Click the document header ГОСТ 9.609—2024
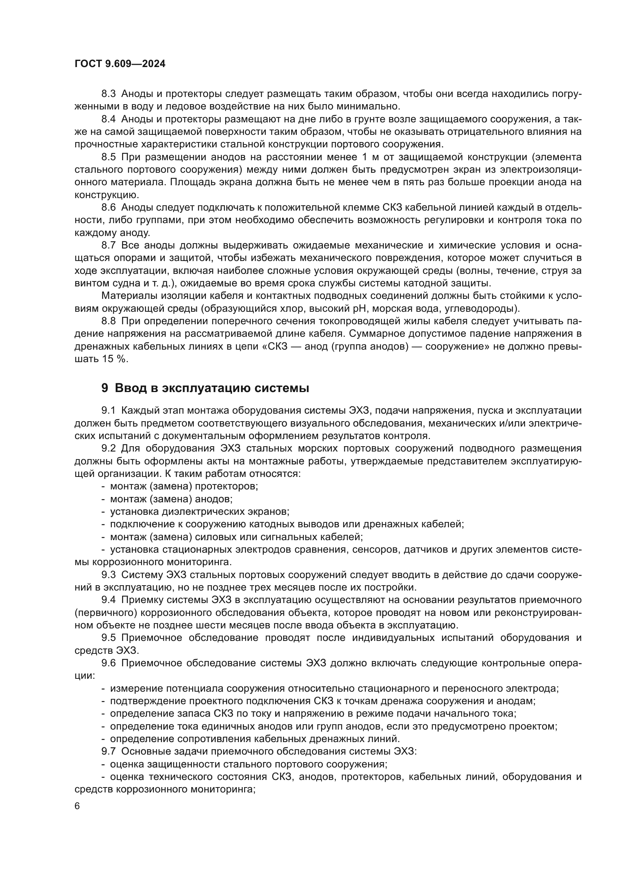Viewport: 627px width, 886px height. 120,64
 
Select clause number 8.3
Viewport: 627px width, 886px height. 108,94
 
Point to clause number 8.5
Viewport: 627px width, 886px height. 108,157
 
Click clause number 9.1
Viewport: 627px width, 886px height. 108,411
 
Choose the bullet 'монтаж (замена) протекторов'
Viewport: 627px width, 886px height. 184,486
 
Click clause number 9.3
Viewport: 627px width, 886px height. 108,575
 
